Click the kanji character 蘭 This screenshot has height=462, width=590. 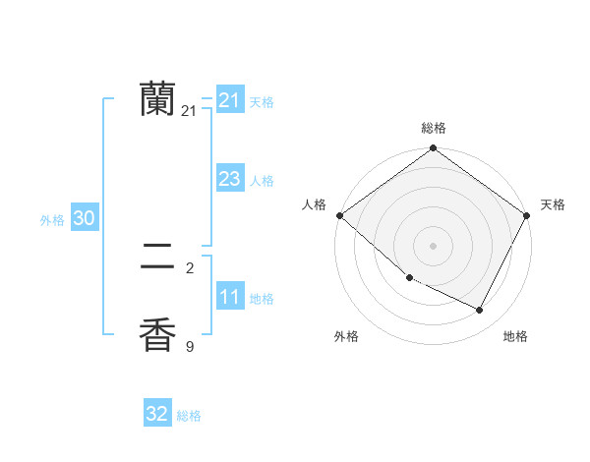tap(157, 98)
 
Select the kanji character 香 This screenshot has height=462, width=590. tap(157, 334)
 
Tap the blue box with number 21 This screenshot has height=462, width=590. tap(229, 100)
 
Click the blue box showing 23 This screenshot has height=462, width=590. tap(229, 179)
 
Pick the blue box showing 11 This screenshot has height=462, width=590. tap(229, 297)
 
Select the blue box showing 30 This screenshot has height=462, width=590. tap(84, 218)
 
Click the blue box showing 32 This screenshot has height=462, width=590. tap(157, 414)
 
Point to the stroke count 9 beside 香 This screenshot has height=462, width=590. tap(190, 346)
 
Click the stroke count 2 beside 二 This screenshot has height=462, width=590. tap(190, 267)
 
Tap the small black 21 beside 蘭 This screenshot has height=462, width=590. tap(189, 111)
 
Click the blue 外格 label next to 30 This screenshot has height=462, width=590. tap(52, 220)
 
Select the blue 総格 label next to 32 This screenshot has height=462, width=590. tap(189, 416)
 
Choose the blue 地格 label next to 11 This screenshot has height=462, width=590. tap(262, 299)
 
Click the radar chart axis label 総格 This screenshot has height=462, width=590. tap(433, 128)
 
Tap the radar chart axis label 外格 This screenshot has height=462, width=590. tap(346, 337)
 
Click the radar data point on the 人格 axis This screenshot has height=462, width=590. tap(339, 215)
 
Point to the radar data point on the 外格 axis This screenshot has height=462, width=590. tap(409, 278)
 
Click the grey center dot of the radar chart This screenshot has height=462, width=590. tap(434, 246)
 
